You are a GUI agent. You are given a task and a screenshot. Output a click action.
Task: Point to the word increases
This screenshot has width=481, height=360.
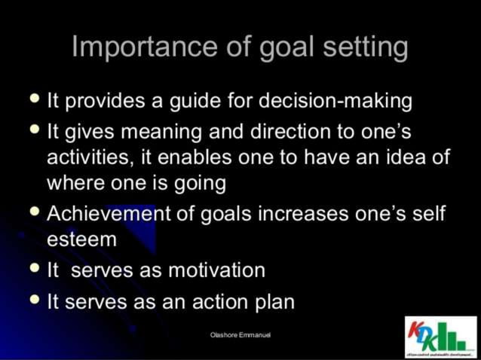coord(293,214)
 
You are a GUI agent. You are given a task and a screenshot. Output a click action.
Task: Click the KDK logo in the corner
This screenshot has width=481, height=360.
coord(441,337)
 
